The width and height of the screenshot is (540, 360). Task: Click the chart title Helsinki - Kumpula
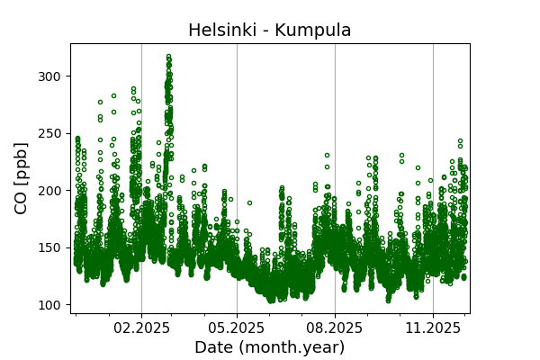(269, 31)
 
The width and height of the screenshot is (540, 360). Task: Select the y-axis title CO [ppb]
(22, 178)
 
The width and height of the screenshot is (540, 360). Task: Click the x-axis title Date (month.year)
(269, 347)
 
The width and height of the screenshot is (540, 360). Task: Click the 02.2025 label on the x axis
(141, 328)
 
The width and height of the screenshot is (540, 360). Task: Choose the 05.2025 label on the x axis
(237, 328)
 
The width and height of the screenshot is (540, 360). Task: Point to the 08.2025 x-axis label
(335, 328)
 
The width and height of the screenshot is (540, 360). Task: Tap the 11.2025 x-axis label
(433, 328)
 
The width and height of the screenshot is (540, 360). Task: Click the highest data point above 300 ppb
(168, 56)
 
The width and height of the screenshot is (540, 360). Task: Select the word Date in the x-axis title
(213, 347)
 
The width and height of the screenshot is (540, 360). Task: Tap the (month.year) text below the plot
(291, 347)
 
